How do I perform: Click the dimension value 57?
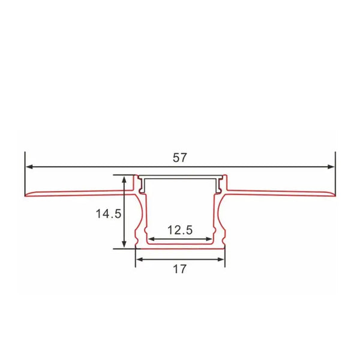[180, 158]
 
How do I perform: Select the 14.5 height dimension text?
[109, 212]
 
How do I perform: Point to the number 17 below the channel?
[179, 269]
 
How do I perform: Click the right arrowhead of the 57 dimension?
[331, 167]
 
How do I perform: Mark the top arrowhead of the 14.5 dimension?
[124, 179]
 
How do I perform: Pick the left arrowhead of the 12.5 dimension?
[151, 239]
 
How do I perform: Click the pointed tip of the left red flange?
[25, 196]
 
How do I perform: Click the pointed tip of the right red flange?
[334, 196]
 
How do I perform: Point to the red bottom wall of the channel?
[180, 247]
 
